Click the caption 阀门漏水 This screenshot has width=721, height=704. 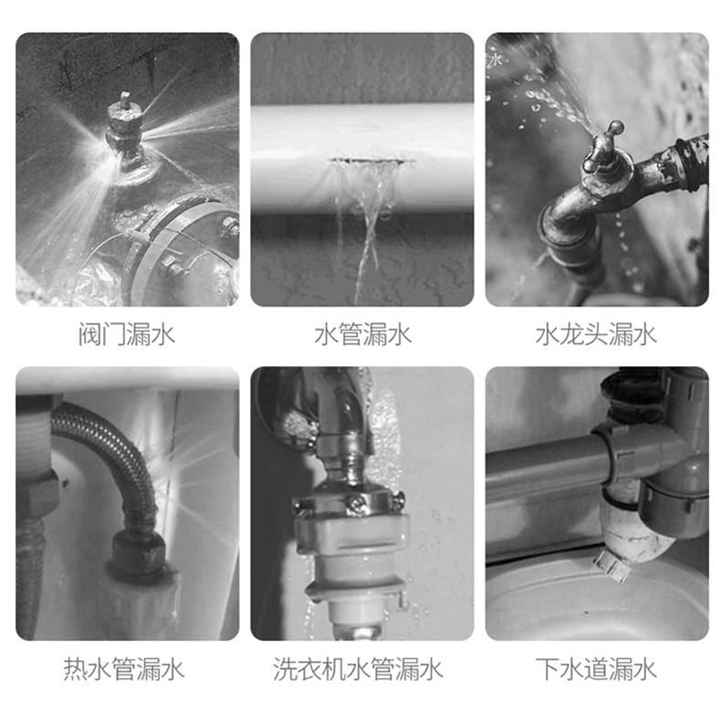pos(127,333)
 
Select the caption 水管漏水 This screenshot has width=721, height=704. pos(362,333)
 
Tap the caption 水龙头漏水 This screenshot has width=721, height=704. pos(596,333)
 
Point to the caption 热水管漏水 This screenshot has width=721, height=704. pos(124,668)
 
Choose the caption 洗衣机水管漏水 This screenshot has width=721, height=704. pos(358,668)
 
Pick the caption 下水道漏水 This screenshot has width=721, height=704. pos(596,668)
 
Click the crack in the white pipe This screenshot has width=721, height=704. pos(373,161)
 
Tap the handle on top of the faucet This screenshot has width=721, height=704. pos(606,137)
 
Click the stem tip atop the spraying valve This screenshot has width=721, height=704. pos(124,98)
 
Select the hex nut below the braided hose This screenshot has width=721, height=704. pos(139,552)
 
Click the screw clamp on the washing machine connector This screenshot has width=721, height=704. pos(350,504)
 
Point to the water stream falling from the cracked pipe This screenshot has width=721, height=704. pos(368,221)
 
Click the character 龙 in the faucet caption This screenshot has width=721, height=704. pos(571,333)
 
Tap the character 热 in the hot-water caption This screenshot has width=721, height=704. pos(75,668)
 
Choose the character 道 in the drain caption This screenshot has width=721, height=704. pos(596,668)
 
